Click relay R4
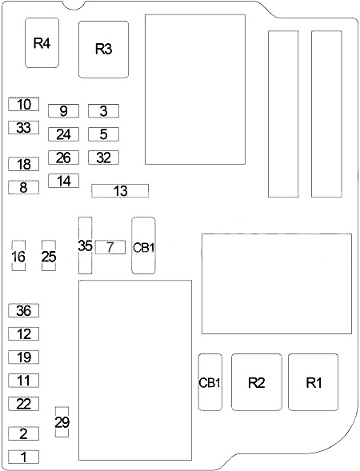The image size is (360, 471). click(x=42, y=42)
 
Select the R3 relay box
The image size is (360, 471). click(x=104, y=50)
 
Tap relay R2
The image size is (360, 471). click(x=257, y=382)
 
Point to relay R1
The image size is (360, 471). click(x=313, y=382)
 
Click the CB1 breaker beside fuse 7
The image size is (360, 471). click(x=143, y=245)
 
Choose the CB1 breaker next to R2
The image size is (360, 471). click(x=210, y=382)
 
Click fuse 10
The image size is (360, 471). click(x=23, y=104)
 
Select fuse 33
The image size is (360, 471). click(x=23, y=127)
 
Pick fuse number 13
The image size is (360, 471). click(x=120, y=191)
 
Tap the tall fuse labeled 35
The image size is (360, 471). click(x=85, y=245)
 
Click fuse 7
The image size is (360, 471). click(x=110, y=247)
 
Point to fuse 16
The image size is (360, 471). click(x=18, y=256)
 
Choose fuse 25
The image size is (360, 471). click(x=49, y=256)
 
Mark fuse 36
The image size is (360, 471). click(x=23, y=310)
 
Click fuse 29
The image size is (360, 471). click(x=62, y=422)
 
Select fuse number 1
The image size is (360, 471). click(x=23, y=457)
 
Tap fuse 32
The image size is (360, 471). click(x=103, y=158)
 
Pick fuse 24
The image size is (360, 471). click(x=63, y=134)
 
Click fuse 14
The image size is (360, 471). click(x=63, y=181)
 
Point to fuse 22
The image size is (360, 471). click(x=23, y=404)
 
